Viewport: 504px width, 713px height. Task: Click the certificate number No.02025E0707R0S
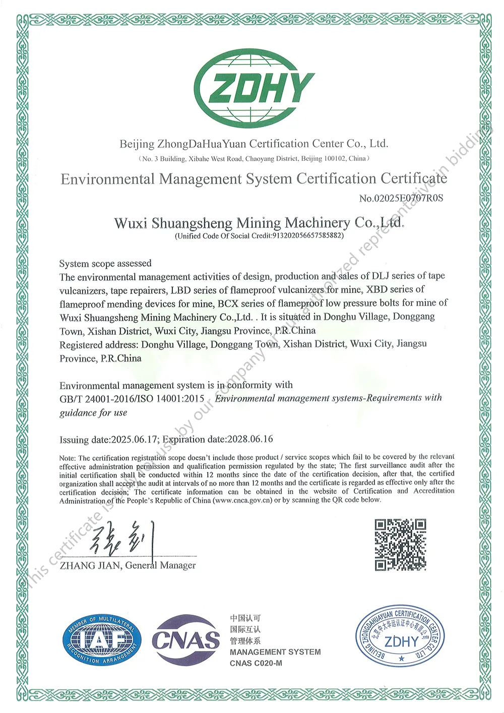click(x=401, y=198)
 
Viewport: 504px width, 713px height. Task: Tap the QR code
click(x=400, y=545)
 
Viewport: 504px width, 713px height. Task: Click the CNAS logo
click(x=185, y=640)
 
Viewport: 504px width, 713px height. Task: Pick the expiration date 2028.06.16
click(x=250, y=439)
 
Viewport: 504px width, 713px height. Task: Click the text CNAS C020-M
click(x=256, y=663)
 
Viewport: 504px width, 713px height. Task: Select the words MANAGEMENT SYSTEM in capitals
click(x=275, y=652)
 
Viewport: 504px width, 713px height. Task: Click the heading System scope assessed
click(x=105, y=263)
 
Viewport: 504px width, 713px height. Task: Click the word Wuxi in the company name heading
click(x=131, y=223)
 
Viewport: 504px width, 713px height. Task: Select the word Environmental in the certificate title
click(x=108, y=179)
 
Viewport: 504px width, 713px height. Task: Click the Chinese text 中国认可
click(x=245, y=618)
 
